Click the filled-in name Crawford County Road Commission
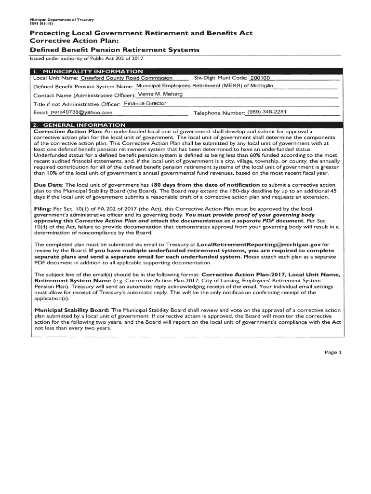(126, 78)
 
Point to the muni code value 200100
(260, 78)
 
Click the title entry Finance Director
(145, 103)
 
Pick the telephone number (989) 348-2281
(266, 112)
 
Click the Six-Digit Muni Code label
(220, 78)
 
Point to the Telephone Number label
(219, 113)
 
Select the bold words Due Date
(48, 185)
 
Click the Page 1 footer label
(332, 352)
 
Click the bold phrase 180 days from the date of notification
(205, 185)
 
